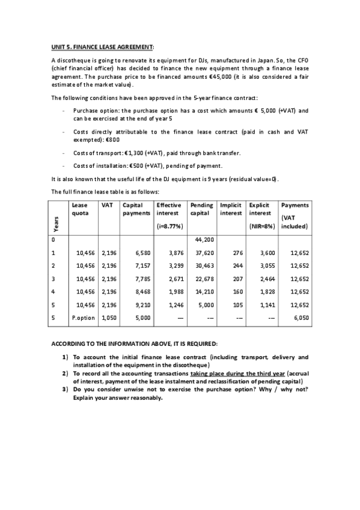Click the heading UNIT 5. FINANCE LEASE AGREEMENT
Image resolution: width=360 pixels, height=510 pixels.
102,46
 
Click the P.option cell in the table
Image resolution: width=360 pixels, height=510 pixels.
82,318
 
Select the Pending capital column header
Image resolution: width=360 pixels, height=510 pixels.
201,209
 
